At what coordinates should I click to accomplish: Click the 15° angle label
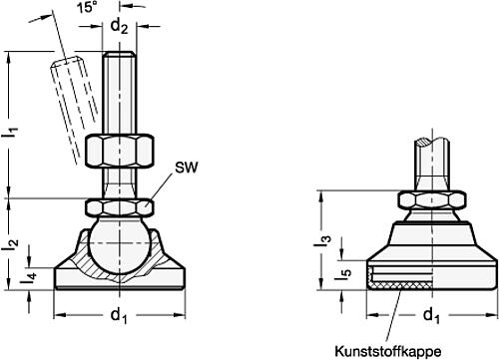87,7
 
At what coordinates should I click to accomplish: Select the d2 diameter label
119,26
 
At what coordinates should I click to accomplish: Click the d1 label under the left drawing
119,315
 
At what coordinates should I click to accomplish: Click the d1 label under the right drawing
431,315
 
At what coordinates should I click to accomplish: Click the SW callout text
187,168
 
